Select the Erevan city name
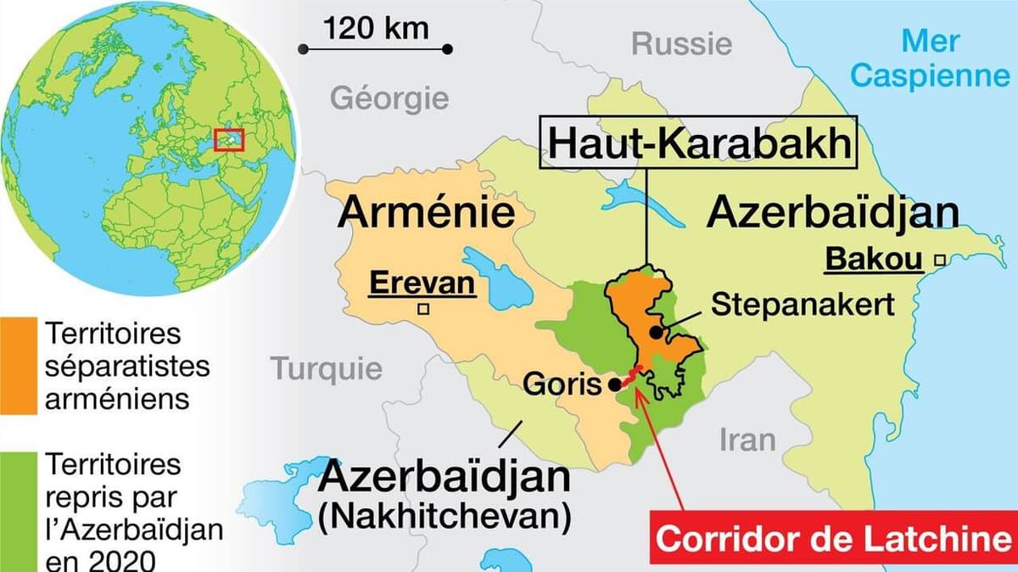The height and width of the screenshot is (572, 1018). tap(421, 283)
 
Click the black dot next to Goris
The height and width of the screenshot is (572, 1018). tap(614, 385)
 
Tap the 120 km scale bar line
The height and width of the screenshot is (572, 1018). tap(377, 50)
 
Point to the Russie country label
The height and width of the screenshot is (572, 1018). tap(681, 43)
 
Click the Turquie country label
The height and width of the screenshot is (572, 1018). tap(326, 368)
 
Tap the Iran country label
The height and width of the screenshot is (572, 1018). tap(747, 440)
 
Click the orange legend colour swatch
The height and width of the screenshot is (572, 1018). tap(18, 366)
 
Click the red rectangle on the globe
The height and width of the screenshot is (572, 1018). tap(229, 138)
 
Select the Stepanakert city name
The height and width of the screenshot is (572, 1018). tap(802, 305)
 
